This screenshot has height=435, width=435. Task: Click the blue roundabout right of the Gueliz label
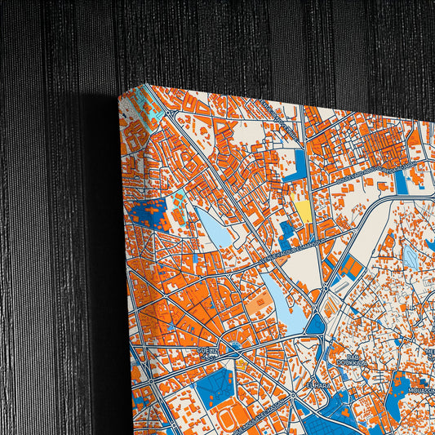point(235,348)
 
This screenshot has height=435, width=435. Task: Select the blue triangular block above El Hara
point(316,325)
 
